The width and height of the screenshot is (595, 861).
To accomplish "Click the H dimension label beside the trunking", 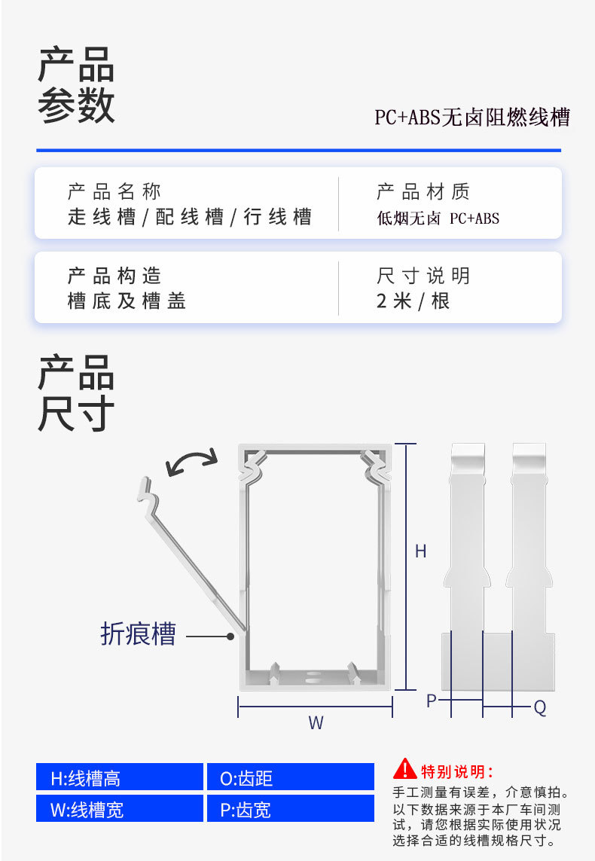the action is point(421,551).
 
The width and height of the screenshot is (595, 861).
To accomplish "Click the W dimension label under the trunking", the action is point(316,723).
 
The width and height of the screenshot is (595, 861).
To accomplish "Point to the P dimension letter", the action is point(432,701).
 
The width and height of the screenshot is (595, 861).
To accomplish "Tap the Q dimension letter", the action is point(540,708).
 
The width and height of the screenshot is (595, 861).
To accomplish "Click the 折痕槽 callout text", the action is point(138,634).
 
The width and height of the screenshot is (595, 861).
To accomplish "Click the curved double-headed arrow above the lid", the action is point(191,460).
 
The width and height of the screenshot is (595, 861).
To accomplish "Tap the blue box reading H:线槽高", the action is point(119,777).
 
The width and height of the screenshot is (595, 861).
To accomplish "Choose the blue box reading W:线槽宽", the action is point(119,809).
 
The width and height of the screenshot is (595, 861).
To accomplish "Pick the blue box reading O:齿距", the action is point(290,777).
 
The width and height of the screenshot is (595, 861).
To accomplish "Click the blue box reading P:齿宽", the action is point(290,809).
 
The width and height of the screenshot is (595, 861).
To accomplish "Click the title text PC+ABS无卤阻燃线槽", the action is point(472,118).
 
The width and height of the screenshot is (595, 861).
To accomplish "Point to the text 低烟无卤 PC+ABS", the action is point(438,219).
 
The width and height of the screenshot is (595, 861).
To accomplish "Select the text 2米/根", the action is point(413,301).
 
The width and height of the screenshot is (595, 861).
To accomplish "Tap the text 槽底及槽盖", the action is point(127,301).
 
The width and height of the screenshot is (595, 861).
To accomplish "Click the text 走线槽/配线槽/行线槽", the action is point(190,218).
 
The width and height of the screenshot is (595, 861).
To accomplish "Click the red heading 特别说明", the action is point(456,771).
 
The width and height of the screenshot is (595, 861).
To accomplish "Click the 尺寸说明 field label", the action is point(423,276).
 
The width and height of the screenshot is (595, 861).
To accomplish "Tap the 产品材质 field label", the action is point(423,191).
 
